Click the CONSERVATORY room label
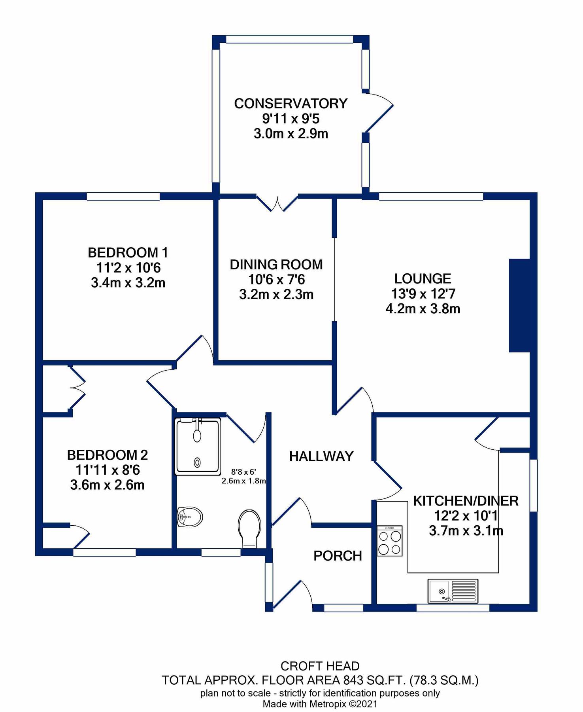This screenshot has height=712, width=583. pos(291,104)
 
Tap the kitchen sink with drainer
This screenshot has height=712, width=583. pos(453,591)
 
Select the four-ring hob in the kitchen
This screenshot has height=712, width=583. pos(389,541)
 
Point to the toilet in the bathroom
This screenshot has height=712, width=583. pos(249,528)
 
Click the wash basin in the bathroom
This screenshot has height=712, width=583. pos(190,517)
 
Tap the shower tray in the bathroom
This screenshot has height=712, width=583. pos(198,446)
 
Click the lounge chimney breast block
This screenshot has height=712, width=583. pos(519,305)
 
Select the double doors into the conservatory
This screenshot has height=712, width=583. pos(277,203)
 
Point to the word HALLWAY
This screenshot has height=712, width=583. pos(321,456)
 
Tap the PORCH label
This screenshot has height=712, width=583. pos(338,556)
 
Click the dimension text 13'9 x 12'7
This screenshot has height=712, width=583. pos(423,294)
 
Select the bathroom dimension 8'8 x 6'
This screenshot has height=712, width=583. pos(243,472)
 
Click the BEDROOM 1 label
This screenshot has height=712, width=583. pos(128,252)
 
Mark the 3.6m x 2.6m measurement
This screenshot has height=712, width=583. pos(107,485)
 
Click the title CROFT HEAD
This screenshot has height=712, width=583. pos(320,666)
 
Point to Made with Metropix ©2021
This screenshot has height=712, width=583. pos(320,704)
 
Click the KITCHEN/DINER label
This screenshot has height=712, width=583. pos(465,501)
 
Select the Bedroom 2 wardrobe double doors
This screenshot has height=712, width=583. pos(77,387)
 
